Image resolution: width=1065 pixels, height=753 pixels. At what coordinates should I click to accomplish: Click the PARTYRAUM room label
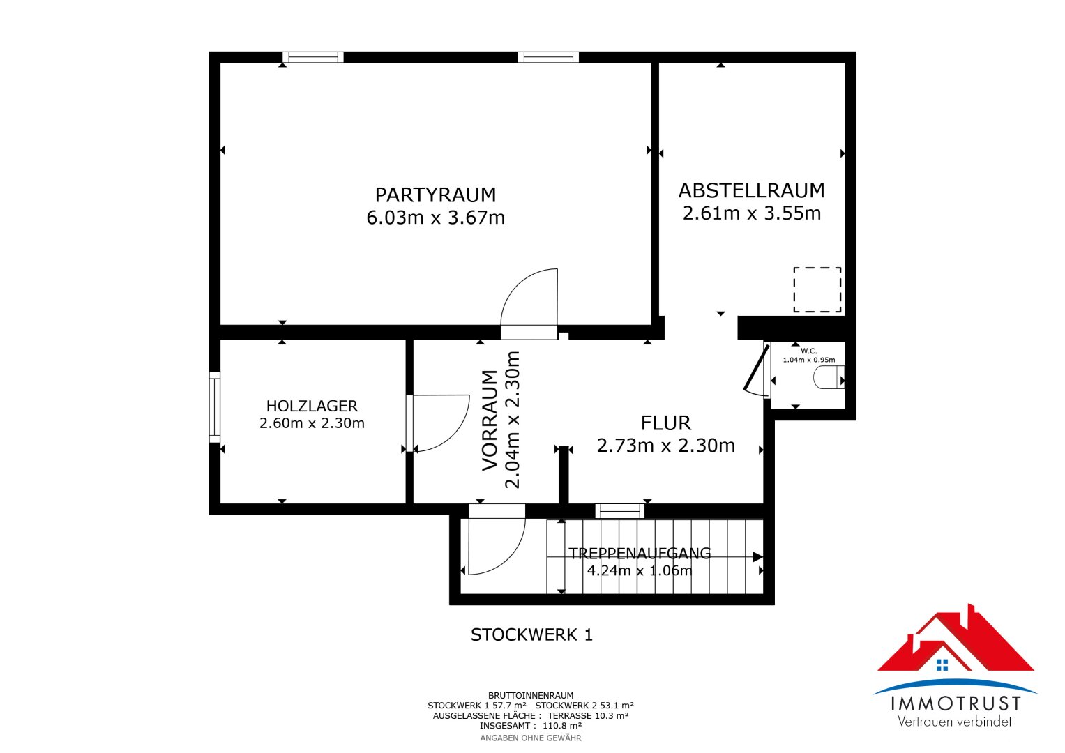tap(435, 195)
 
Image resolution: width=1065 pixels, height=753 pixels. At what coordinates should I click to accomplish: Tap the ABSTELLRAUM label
tap(751, 190)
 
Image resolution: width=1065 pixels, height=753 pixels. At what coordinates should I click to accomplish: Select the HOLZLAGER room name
tap(312, 406)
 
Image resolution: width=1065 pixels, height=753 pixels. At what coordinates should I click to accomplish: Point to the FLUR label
tap(665, 423)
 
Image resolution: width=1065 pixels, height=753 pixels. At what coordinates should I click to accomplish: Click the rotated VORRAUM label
tap(490, 420)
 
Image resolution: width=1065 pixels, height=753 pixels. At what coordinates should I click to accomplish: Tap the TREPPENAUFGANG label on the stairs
tap(640, 554)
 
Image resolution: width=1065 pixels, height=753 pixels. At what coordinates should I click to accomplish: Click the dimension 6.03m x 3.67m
tap(435, 218)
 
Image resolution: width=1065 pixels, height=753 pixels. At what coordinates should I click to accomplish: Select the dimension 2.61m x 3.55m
tap(752, 213)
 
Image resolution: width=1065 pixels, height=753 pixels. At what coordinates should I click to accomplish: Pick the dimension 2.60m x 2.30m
tap(312, 423)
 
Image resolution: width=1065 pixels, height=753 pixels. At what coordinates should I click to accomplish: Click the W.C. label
tap(809, 351)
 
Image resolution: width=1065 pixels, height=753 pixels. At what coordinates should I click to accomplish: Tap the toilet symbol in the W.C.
tap(829, 377)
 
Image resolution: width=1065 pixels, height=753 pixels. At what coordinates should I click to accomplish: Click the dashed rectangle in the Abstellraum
tap(817, 289)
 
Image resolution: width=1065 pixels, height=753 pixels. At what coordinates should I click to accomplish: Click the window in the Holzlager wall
tap(215, 407)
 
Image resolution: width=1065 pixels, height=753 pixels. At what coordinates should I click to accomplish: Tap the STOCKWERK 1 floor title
tap(531, 634)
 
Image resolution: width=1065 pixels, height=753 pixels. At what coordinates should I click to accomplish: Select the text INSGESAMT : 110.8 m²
tap(531, 726)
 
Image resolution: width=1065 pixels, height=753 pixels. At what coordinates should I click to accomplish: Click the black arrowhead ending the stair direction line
tap(758, 556)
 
